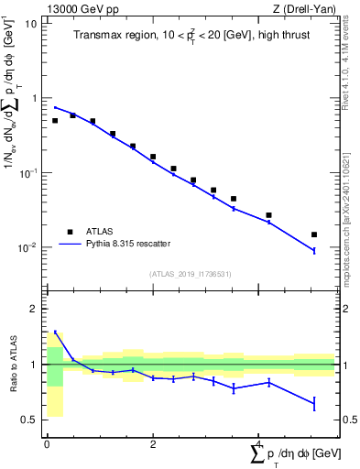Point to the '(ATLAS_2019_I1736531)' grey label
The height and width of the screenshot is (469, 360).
point(190,274)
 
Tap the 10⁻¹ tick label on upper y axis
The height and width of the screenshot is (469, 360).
point(27,172)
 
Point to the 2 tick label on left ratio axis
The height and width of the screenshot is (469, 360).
point(33,309)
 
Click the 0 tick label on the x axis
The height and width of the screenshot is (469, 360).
point(47,445)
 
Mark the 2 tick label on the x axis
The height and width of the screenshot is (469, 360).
point(152,445)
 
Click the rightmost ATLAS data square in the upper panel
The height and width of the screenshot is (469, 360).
point(314,234)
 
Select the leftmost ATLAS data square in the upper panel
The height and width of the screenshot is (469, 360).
point(55,120)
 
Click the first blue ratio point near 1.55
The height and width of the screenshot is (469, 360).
point(55,333)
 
